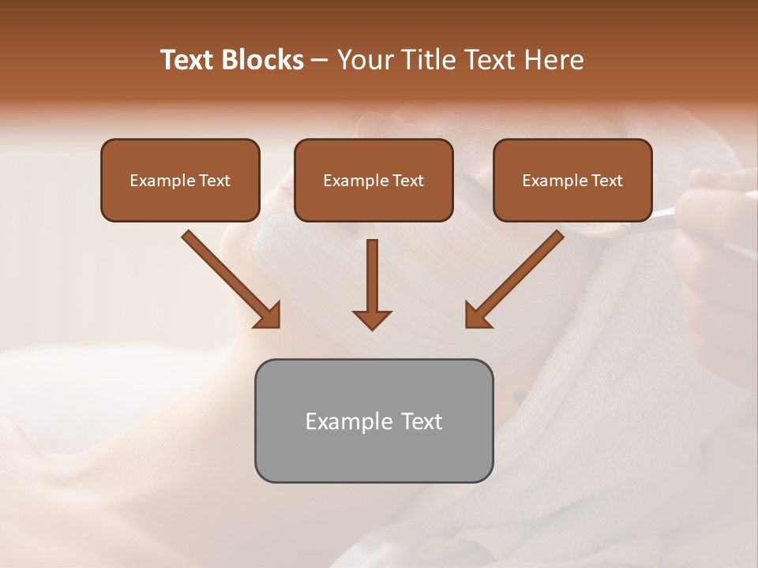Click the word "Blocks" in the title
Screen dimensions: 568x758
pos(265,60)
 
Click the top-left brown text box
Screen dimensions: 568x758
pos(180,180)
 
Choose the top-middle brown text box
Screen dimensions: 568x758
pos(373,180)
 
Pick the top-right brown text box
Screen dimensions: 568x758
pos(572,180)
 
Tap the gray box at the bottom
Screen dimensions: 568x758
pos(373,420)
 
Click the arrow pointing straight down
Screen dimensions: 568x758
pos(372,280)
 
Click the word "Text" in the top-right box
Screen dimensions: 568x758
pos(606,181)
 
